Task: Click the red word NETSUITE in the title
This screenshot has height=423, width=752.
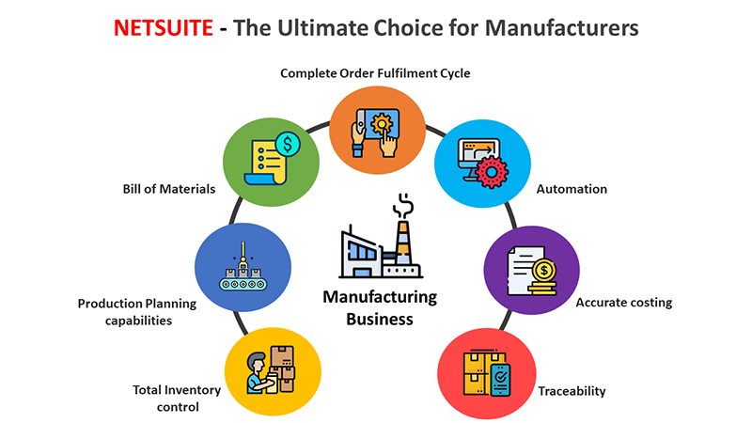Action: pyautogui.click(x=163, y=28)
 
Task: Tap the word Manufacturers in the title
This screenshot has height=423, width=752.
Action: pyautogui.click(x=561, y=28)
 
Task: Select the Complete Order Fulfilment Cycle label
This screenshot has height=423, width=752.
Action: pyautogui.click(x=375, y=73)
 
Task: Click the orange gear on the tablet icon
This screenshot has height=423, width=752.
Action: pyautogui.click(x=382, y=124)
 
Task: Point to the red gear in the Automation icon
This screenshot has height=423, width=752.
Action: pyautogui.click(x=491, y=171)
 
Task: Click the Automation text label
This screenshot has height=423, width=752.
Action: pyautogui.click(x=572, y=189)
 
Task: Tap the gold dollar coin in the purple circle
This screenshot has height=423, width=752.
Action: pyautogui.click(x=544, y=271)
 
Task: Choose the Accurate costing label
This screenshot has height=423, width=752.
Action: pyautogui.click(x=624, y=303)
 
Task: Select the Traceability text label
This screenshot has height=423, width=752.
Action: pyautogui.click(x=572, y=391)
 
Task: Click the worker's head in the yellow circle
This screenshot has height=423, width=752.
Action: pyautogui.click(x=257, y=363)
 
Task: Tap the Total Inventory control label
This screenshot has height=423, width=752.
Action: pyautogui.click(x=177, y=398)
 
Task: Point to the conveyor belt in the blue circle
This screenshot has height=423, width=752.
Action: pyautogui.click(x=243, y=284)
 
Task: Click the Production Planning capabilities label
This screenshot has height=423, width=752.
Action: pyautogui.click(x=137, y=312)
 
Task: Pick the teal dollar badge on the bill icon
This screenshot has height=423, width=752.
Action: pyautogui.click(x=288, y=145)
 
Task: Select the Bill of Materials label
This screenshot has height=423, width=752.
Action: pyautogui.click(x=169, y=189)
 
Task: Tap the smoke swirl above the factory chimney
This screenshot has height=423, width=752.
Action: pyautogui.click(x=403, y=205)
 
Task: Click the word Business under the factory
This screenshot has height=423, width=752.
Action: pyautogui.click(x=380, y=320)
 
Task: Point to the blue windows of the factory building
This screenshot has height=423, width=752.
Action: pyautogui.click(x=362, y=250)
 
